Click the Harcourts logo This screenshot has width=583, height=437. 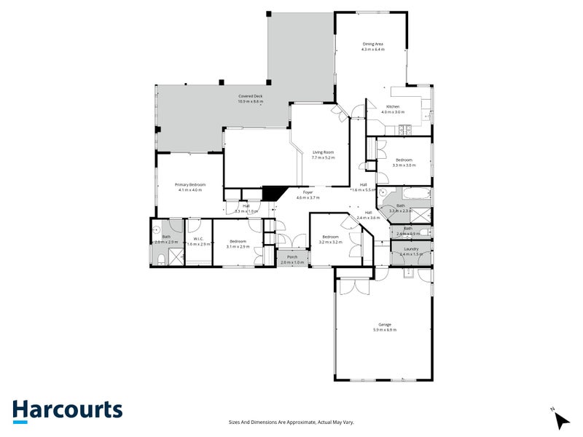[x=67, y=410]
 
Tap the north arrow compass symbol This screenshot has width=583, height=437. [x=560, y=419]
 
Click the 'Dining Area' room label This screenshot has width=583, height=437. [x=373, y=44]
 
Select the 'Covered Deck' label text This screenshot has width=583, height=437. [x=250, y=96]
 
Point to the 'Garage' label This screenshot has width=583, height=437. [x=385, y=325]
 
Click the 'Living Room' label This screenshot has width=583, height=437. [x=323, y=152]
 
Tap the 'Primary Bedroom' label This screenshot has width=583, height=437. [x=190, y=185]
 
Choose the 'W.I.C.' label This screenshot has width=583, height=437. [x=197, y=239]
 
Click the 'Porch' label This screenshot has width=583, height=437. [x=291, y=257]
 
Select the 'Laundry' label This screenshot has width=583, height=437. [x=411, y=248]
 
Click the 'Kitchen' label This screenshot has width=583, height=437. [x=394, y=106]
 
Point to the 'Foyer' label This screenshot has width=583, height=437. [x=308, y=192]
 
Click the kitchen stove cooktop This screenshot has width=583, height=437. [x=405, y=130]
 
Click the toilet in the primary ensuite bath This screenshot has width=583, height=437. [x=160, y=259]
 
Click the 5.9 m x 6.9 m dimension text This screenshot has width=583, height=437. [x=385, y=331]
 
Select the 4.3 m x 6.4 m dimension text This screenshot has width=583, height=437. [x=373, y=50]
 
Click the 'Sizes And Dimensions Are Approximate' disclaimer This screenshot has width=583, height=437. [x=291, y=422]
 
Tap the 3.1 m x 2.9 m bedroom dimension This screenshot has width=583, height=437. [x=238, y=247]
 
